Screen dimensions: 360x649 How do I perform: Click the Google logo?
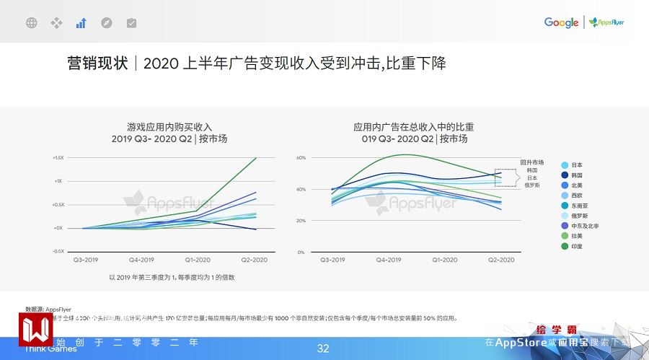click(561, 22)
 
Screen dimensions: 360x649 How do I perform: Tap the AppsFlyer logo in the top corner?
click(606, 22)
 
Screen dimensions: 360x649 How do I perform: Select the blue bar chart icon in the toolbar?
click(81, 23)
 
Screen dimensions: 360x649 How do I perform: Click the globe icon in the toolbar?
click(31, 23)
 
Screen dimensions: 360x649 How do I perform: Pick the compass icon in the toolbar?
click(106, 23)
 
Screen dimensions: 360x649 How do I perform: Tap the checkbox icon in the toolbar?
click(131, 23)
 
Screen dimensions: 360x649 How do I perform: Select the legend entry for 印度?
click(575, 246)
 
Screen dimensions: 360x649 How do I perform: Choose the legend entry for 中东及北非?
click(583, 226)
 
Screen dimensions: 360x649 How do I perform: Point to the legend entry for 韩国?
click(575, 175)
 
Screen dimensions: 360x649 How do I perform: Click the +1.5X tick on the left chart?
click(58, 157)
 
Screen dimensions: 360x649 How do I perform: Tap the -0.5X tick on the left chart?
click(58, 251)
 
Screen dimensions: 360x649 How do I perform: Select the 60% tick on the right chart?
click(301, 157)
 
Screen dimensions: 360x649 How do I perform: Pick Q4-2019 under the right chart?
click(389, 259)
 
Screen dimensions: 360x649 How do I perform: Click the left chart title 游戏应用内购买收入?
click(169, 127)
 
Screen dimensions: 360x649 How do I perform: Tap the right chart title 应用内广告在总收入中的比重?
click(414, 127)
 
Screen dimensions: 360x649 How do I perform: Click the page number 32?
click(323, 348)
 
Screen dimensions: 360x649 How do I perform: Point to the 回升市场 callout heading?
click(531, 162)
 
